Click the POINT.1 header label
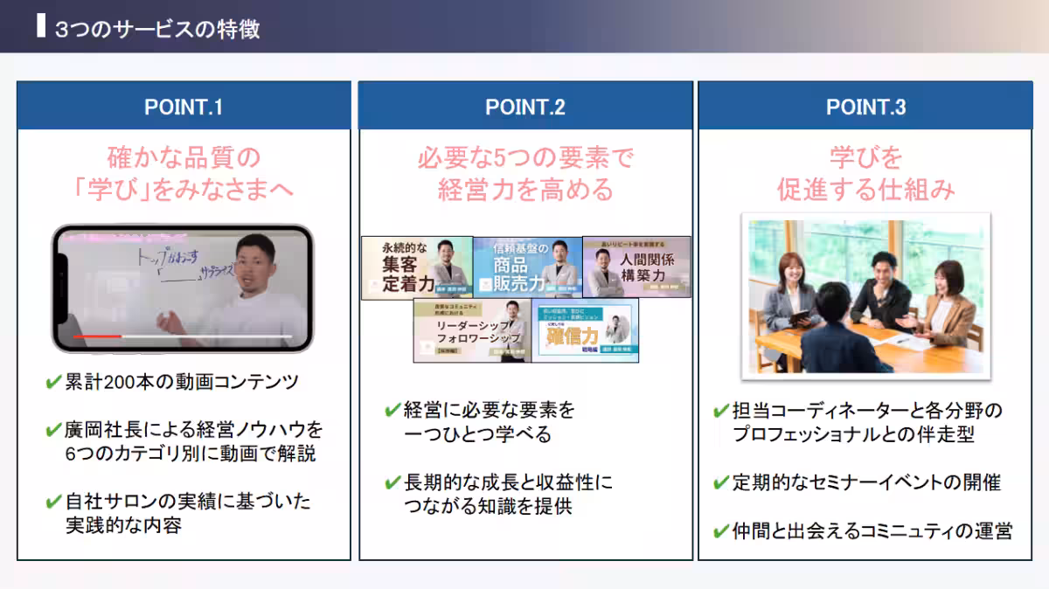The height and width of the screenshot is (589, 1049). (184, 107)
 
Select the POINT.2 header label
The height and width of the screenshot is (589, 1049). (525, 107)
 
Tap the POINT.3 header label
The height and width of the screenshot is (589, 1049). (865, 107)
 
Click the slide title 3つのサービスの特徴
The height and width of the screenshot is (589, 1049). (157, 29)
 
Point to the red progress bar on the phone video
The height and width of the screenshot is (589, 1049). (97, 336)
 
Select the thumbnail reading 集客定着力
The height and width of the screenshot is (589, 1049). (417, 267)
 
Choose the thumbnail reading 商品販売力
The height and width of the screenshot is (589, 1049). (528, 267)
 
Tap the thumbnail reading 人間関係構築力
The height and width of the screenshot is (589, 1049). (636, 267)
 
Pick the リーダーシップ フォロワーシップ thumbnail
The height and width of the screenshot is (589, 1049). (472, 330)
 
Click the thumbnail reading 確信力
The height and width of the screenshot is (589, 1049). (585, 330)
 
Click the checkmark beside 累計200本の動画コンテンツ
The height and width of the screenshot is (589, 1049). (53, 382)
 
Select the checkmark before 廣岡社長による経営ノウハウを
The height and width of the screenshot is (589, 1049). (53, 430)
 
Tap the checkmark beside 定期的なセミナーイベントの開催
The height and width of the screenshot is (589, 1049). (721, 482)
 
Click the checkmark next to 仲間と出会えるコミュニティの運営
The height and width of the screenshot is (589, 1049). (721, 530)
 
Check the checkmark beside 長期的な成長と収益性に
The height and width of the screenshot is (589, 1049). (393, 482)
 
